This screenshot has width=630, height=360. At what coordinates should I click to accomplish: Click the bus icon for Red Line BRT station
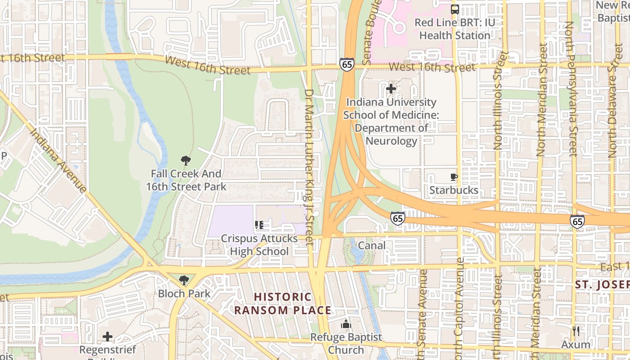(x=455, y=9)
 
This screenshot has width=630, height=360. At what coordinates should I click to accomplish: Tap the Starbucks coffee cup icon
(x=454, y=177)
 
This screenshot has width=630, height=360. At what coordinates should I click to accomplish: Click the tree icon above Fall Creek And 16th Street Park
(x=185, y=160)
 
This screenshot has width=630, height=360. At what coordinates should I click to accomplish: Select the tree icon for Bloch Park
(x=184, y=280)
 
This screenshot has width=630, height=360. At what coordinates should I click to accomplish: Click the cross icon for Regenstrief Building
(x=107, y=336)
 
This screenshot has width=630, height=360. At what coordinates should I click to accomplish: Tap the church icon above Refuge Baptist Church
(x=346, y=324)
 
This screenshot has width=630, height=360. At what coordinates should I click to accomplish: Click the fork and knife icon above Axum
(x=576, y=331)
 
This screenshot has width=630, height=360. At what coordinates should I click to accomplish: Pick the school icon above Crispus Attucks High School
(x=259, y=225)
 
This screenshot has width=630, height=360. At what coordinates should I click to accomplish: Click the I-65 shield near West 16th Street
(x=346, y=64)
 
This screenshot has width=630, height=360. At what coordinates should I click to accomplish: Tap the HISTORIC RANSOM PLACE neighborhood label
(x=283, y=303)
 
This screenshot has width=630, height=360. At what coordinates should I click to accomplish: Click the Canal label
(x=372, y=246)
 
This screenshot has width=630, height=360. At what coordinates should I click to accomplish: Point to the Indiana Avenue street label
(x=58, y=160)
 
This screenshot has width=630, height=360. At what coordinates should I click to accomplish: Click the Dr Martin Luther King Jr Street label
(x=309, y=166)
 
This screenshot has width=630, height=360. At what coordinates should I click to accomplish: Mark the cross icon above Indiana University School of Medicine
(x=391, y=89)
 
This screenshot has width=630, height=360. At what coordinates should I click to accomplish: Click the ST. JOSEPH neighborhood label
(x=602, y=285)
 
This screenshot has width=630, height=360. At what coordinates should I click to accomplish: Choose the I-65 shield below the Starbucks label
(x=397, y=218)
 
